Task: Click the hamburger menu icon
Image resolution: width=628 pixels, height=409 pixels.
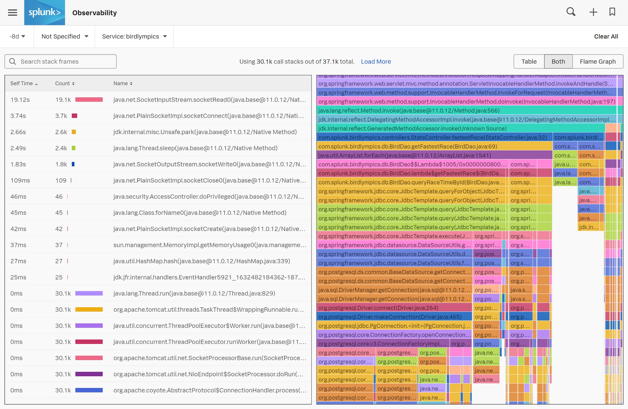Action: point(13,13)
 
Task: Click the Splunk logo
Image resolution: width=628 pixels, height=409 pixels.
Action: point(44,13)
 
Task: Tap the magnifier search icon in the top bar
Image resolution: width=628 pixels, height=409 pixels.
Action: point(571,12)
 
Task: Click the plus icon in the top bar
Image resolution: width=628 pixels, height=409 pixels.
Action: point(593,12)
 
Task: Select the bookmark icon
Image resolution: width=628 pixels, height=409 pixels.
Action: point(612,12)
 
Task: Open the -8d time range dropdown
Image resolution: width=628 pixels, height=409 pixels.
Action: point(17,36)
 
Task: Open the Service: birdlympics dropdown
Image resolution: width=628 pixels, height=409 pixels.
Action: point(134,36)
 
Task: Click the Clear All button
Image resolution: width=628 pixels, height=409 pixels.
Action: point(606,36)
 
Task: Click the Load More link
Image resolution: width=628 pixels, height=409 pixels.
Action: point(376,62)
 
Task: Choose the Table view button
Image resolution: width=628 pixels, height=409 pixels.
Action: point(529,62)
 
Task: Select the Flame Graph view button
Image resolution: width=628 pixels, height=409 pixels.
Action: point(598,62)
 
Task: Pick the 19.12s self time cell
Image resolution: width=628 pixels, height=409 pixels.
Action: point(20,100)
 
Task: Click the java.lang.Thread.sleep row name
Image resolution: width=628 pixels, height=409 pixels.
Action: point(195,148)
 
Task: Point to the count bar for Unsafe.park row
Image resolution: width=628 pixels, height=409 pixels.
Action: point(74,132)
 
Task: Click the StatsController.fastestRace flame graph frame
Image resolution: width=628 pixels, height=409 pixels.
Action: point(432,137)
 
